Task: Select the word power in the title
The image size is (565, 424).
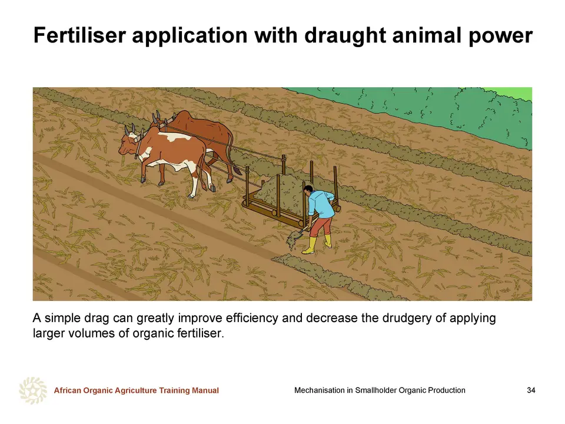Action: pyautogui.click(x=500, y=37)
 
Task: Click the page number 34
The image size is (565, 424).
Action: pyautogui.click(x=531, y=390)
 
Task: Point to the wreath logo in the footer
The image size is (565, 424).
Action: pyautogui.click(x=33, y=390)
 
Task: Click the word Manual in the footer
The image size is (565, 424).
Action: pyautogui.click(x=205, y=390)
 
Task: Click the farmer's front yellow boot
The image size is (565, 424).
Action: pyautogui.click(x=310, y=246)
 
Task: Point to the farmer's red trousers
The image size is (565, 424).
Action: pyautogui.click(x=322, y=226)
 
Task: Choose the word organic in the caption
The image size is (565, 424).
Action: pyautogui.click(x=153, y=333)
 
